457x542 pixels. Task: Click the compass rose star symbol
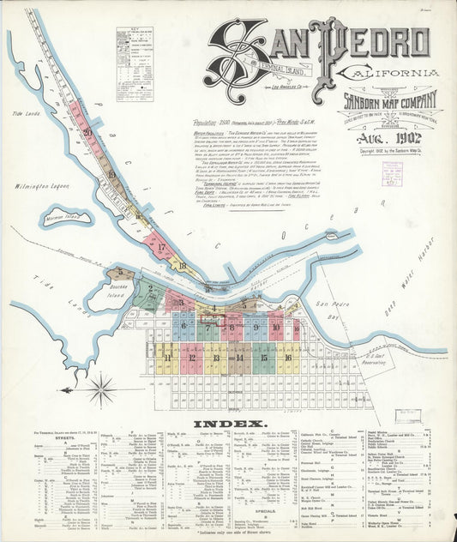[101, 390]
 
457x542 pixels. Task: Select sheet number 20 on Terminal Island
[87, 132]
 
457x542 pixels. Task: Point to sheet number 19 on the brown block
[111, 174]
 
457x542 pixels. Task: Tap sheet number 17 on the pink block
[160, 247]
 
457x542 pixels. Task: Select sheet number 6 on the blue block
[183, 326]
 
